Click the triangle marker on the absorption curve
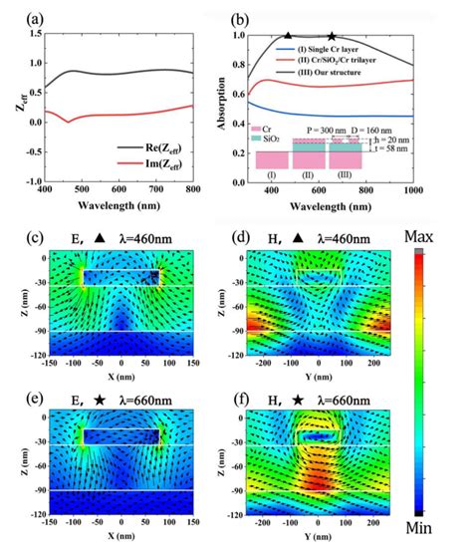tap(288, 35)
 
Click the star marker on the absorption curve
tap(332, 35)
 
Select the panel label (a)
tap(15, 12)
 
